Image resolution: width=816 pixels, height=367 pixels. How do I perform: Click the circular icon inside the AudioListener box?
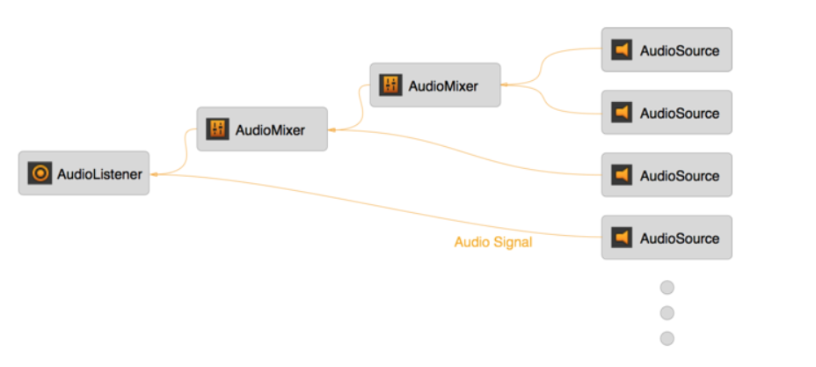[x=40, y=173]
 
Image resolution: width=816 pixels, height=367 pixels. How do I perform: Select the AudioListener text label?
[x=99, y=174]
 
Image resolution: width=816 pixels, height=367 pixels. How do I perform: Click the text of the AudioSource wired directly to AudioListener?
[x=679, y=239]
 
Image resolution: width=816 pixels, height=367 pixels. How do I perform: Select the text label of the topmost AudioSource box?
[x=679, y=51]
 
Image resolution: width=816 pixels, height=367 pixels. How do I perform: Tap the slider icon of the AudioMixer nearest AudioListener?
[x=216, y=129]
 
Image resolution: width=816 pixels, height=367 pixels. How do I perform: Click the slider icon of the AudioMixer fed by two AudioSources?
[x=390, y=85]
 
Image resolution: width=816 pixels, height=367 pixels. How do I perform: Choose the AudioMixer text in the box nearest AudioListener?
[x=270, y=130]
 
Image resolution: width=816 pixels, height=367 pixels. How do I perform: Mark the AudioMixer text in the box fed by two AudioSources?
[x=443, y=86]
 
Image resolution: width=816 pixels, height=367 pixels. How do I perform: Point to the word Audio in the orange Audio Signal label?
[x=471, y=242]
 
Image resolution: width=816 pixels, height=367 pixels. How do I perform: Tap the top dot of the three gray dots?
[x=667, y=287]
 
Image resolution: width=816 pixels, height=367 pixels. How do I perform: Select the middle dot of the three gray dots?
[x=667, y=312]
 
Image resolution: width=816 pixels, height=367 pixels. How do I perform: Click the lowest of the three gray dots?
[x=667, y=338]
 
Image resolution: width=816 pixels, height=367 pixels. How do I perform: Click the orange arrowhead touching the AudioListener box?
[x=153, y=174]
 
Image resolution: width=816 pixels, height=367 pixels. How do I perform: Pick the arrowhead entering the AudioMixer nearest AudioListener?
[x=331, y=130]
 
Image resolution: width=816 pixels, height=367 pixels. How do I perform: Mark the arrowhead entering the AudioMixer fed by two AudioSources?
[x=505, y=85]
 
